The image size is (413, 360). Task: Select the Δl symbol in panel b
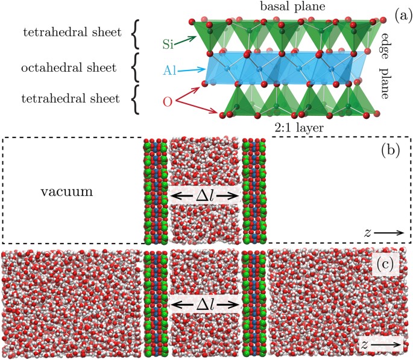point(205,194)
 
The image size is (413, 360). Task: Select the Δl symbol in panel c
point(205,306)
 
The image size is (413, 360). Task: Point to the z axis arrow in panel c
point(385,344)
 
